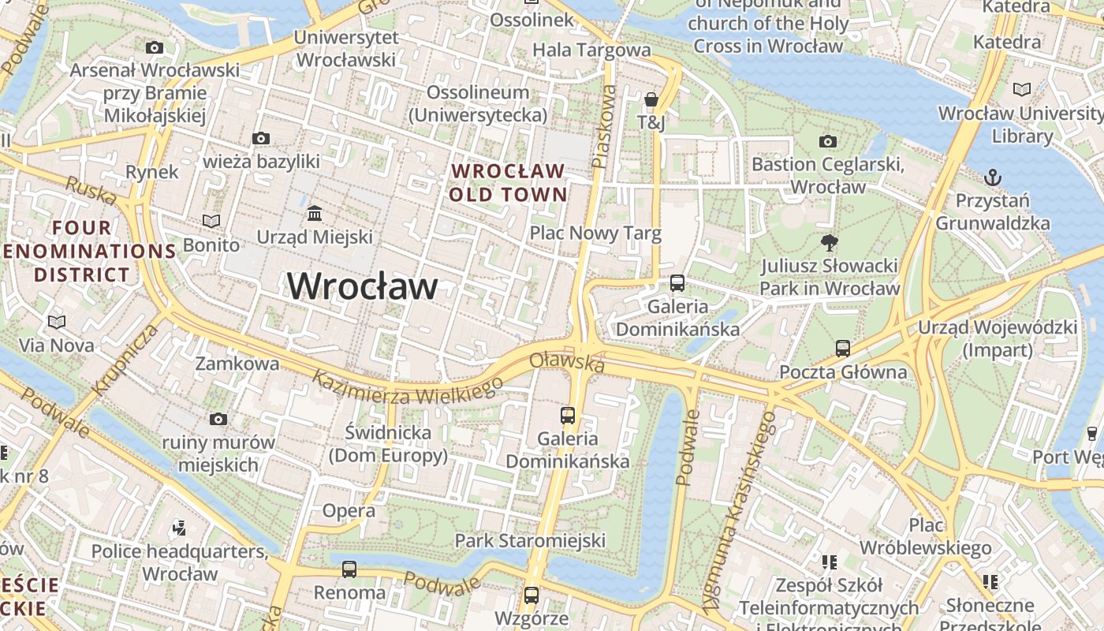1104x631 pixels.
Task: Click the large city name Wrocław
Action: (362, 286)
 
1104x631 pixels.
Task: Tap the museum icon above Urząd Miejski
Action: (315, 214)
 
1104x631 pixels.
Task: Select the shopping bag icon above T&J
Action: (651, 99)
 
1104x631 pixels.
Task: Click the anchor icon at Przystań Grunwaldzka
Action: (993, 177)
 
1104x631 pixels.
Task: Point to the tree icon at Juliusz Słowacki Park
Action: (829, 242)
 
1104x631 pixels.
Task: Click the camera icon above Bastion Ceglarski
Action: (828, 142)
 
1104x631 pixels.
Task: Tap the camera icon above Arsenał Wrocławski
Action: (155, 48)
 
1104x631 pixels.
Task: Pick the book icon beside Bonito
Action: (211, 221)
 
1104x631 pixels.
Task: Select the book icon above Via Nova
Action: (56, 322)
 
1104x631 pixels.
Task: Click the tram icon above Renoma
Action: (349, 569)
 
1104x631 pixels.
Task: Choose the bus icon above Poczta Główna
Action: (842, 348)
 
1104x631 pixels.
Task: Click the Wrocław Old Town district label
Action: (509, 182)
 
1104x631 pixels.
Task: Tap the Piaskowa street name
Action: (604, 126)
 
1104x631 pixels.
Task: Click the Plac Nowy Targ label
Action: (595, 233)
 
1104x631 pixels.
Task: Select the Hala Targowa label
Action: (592, 50)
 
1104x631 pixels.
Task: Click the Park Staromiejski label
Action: (530, 540)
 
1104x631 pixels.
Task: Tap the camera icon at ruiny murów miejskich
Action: (218, 419)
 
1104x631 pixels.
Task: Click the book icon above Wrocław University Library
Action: (1022, 90)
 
